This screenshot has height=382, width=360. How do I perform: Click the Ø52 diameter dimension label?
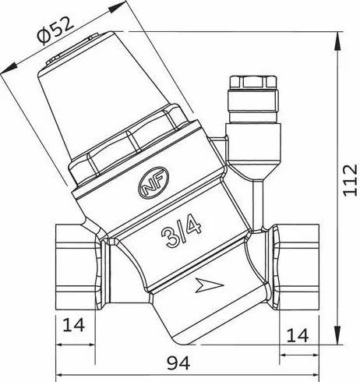coord(55,30)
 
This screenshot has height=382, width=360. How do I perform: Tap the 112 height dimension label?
coord(350,180)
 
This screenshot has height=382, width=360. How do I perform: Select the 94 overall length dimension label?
coord(178,363)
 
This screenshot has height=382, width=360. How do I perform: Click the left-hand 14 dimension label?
coord(74,324)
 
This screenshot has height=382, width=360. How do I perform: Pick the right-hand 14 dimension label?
coord(298,335)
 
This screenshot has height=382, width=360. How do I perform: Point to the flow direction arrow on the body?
coord(209,285)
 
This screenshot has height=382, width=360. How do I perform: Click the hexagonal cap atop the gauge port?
coord(253,82)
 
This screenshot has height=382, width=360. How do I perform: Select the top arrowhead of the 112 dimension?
coord(337,41)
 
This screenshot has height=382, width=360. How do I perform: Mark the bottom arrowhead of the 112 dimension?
coord(337,335)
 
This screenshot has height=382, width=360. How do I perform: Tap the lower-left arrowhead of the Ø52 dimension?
coord(9,69)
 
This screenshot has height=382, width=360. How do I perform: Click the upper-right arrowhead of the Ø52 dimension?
coord(117,7)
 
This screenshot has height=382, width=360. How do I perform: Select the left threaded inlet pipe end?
coord(76,267)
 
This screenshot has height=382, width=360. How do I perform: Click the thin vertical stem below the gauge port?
coord(258,204)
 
